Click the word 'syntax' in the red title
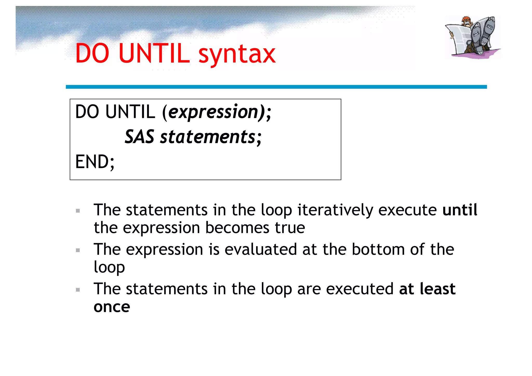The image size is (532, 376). click(237, 54)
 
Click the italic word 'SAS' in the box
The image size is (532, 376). click(139, 137)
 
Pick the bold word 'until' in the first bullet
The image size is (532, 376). click(460, 210)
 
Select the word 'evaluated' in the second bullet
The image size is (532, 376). click(261, 249)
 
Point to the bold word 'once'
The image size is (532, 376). click(112, 307)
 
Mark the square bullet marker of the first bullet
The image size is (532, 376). click(78, 211)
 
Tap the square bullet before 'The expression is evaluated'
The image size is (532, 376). click(78, 250)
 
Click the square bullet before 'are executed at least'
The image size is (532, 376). click(78, 290)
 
